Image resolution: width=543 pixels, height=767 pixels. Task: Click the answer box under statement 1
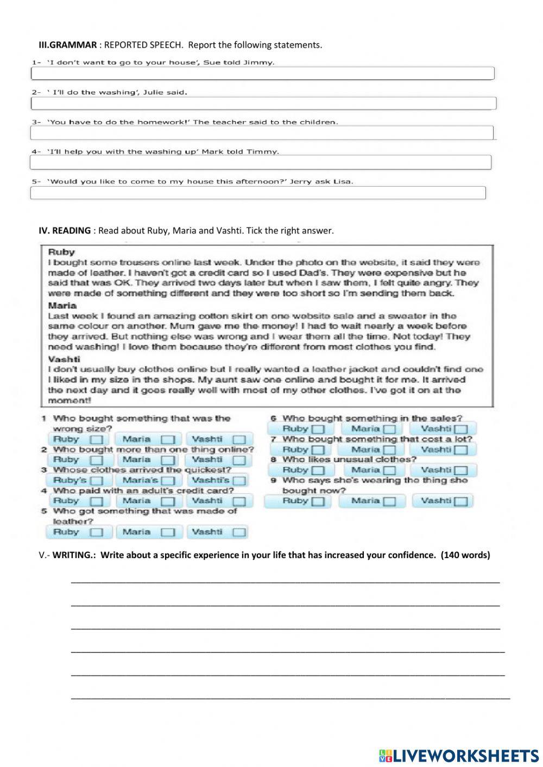click(x=262, y=73)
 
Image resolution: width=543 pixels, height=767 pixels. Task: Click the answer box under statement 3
click(x=261, y=133)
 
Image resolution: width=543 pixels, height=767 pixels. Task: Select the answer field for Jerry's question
click(x=257, y=193)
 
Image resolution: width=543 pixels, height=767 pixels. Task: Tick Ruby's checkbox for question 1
click(x=96, y=440)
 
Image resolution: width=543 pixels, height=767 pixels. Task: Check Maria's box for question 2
click(x=168, y=460)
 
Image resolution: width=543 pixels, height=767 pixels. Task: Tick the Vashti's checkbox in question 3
click(x=239, y=481)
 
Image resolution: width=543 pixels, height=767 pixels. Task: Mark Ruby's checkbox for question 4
click(x=96, y=502)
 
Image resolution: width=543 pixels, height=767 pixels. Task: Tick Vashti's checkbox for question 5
click(x=239, y=533)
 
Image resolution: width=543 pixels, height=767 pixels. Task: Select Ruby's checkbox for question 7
click(x=318, y=450)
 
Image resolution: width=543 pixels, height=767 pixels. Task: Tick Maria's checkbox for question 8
click(x=389, y=471)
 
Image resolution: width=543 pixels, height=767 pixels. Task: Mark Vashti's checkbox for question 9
click(x=460, y=502)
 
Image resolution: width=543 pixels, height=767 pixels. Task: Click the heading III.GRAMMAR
click(x=67, y=45)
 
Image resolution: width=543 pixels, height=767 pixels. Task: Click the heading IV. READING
click(x=65, y=231)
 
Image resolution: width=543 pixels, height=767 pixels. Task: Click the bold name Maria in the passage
click(x=62, y=306)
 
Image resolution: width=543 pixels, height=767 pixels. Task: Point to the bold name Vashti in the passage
click(x=64, y=359)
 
